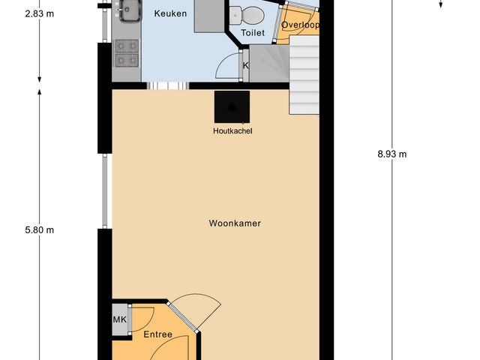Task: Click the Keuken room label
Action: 170,13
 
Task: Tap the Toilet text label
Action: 253,32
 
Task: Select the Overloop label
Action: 300,25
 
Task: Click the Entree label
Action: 157,334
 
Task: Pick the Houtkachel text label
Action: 232,131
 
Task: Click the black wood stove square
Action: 232,106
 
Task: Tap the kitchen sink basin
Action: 125,10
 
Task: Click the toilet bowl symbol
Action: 247,13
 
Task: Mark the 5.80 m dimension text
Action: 39,230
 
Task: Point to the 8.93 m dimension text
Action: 391,154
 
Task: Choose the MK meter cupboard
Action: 120,320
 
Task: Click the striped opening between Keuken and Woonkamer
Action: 166,85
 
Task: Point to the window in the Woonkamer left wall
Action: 106,193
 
